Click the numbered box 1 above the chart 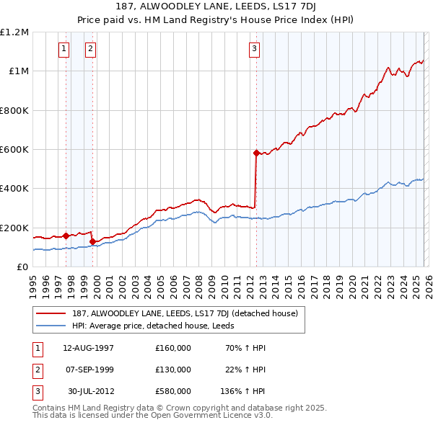tap(64, 49)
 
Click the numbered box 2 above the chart tap(90, 49)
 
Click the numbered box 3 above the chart tap(255, 49)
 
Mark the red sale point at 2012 tap(256, 153)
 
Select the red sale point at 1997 tap(66, 235)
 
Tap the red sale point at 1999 tap(92, 241)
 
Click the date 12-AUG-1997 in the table tap(88, 348)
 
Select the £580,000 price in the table tap(172, 391)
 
